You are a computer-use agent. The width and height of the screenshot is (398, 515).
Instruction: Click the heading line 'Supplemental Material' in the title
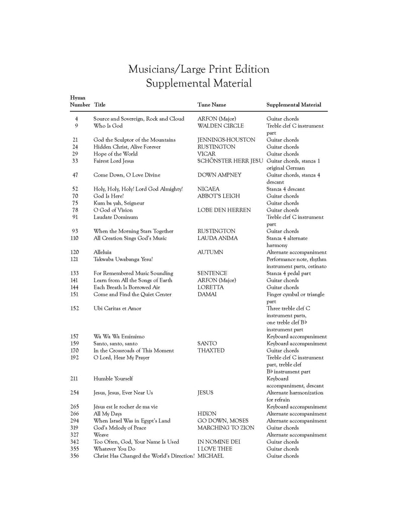pos(199,83)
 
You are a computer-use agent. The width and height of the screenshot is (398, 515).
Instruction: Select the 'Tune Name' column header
pos(211,105)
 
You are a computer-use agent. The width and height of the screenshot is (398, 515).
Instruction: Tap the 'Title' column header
pos(100,105)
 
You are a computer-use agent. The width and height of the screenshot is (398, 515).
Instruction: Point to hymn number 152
pos(74,308)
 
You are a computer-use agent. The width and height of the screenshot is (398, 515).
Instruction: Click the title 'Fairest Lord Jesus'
pos(114,161)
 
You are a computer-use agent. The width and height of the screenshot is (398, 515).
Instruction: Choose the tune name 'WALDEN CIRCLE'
pos(220,126)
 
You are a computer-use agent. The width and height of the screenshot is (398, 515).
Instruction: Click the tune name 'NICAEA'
pos(209,189)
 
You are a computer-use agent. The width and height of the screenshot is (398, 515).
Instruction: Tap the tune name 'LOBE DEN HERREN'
pos(224,210)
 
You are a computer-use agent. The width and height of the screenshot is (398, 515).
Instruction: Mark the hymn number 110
pos(74,238)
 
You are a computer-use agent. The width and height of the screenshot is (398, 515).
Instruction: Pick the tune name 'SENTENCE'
pos(212,273)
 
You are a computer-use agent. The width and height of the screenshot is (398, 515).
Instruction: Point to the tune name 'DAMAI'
pos(207,294)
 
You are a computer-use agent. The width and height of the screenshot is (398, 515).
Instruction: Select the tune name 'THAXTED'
pos(211,351)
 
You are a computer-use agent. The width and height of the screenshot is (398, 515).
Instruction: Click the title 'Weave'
pos(101,435)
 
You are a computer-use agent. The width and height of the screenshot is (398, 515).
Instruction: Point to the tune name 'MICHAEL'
pos(210,456)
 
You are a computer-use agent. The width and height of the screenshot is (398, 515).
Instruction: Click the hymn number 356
pos(74,456)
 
